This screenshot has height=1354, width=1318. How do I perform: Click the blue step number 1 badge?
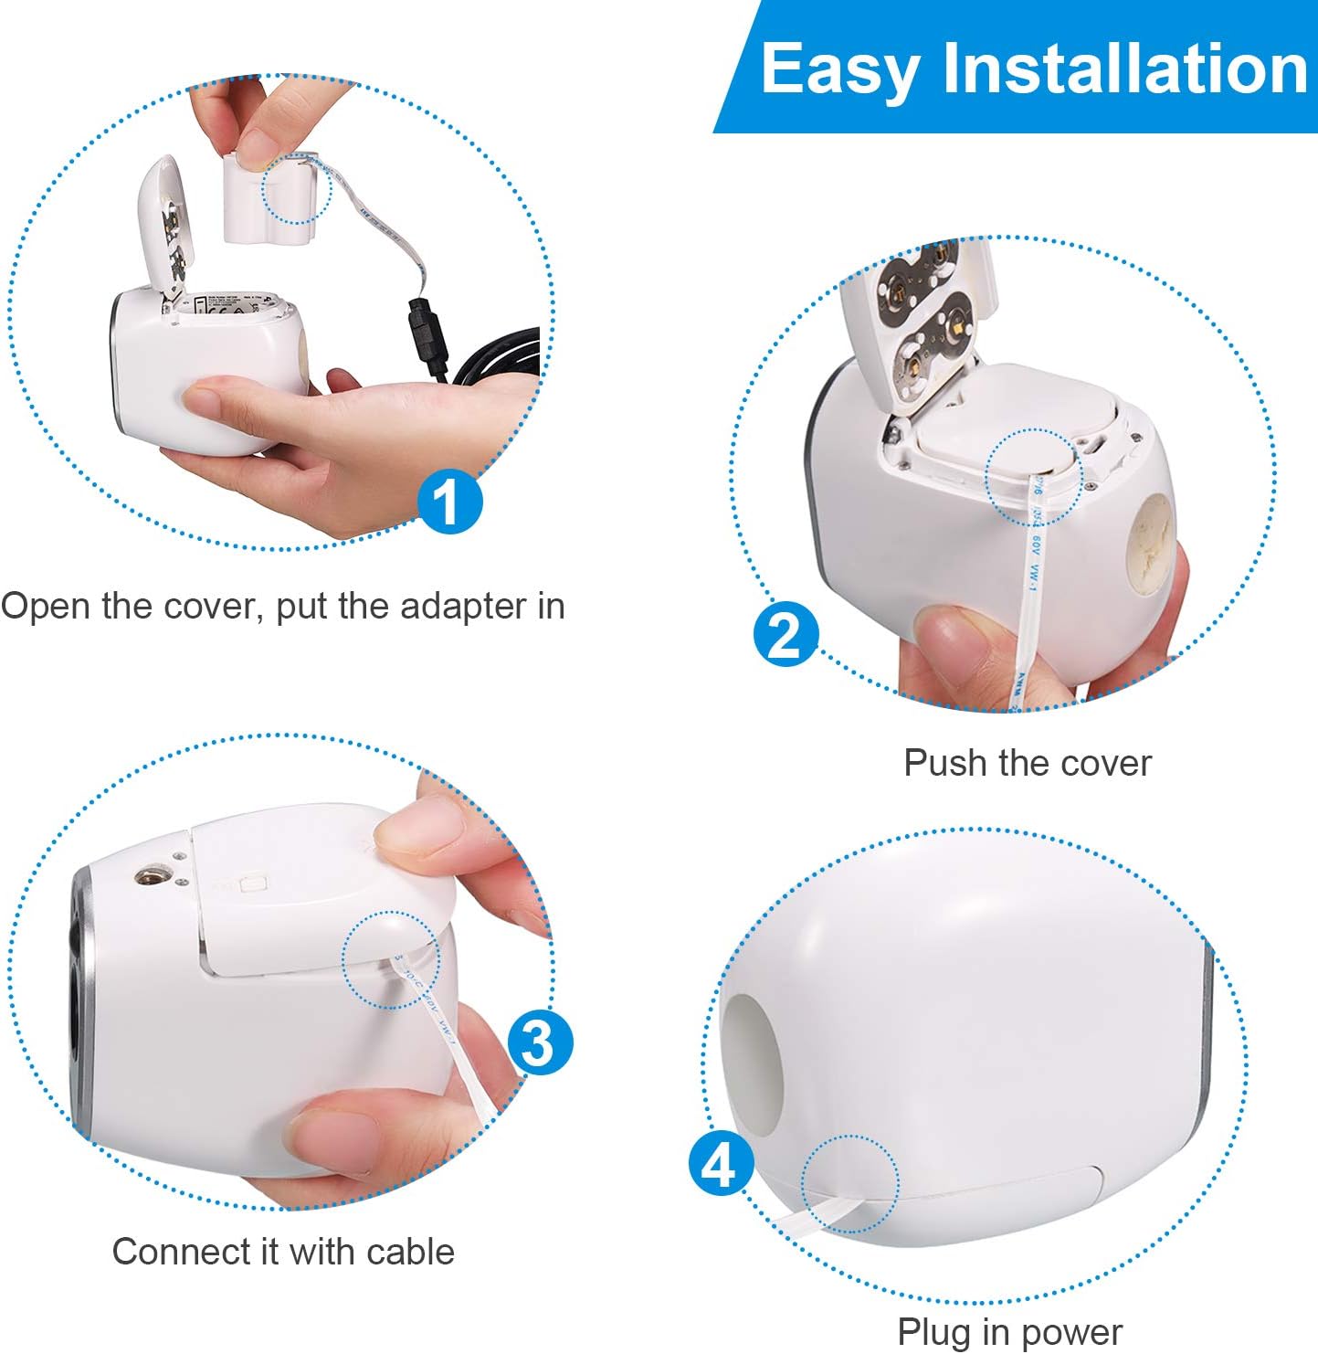[448, 501]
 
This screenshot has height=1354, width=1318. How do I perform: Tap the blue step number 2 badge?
[786, 634]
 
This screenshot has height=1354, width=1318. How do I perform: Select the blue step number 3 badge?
[541, 1042]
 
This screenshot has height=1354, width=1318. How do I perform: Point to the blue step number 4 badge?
[722, 1163]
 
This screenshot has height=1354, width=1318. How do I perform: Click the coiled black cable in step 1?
[497, 354]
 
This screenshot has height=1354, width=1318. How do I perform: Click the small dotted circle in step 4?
[850, 1184]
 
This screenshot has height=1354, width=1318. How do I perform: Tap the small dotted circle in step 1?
[296, 189]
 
